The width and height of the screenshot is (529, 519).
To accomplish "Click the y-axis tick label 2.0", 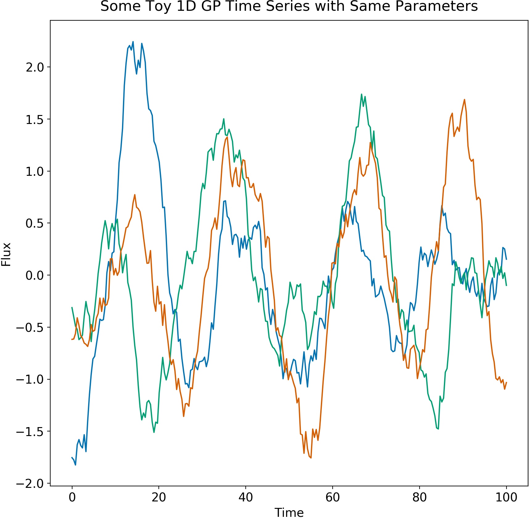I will pos(35,67).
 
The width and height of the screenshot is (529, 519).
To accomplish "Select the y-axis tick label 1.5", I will pos(35,119).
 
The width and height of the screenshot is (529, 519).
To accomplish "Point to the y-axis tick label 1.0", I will pos(35,171).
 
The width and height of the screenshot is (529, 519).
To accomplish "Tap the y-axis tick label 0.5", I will pos(35,223).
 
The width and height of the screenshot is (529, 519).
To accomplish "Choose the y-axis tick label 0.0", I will pos(35,275).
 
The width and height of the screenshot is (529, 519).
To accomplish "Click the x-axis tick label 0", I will pos(72,497).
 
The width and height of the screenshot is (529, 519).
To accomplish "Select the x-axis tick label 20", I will pos(159,497).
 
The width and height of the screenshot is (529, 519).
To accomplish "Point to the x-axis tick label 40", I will pos(246,497).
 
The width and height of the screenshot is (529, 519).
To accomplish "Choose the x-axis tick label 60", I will pos(333,497).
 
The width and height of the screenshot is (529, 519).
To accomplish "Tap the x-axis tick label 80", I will pos(420,497).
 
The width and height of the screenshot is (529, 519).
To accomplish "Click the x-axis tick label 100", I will pos(506,497).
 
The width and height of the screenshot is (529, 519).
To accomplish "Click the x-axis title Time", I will pos(289,513).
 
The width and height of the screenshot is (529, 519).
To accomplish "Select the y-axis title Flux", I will pos(6,254).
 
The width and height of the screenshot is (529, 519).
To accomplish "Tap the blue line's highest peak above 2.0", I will pos(133,42).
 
